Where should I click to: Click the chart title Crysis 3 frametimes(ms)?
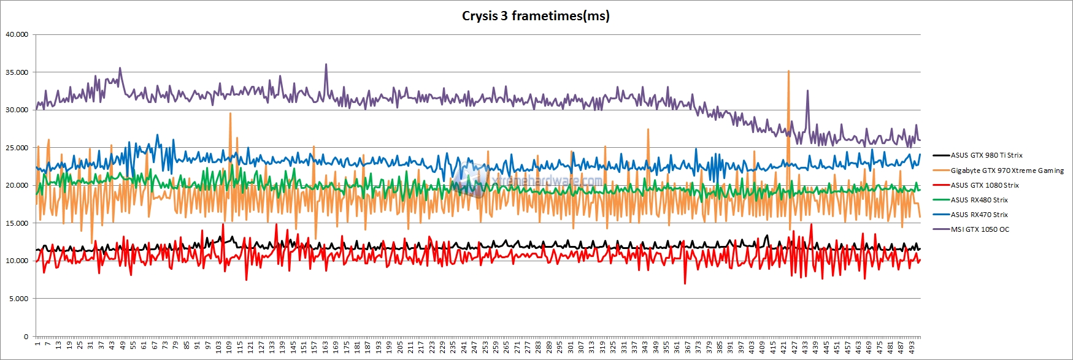pos(536,16)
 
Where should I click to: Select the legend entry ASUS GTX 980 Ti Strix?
pos(986,156)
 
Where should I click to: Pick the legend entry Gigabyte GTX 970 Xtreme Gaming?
pos(1007,170)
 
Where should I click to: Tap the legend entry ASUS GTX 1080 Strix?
pos(985,185)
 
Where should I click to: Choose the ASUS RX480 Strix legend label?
pos(979,200)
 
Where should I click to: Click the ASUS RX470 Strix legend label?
pos(979,215)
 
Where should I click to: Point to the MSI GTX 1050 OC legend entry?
pos(980,229)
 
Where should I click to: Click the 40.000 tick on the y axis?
pos(17,34)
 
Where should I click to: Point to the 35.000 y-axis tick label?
pos(17,72)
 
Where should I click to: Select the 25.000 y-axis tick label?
pos(17,148)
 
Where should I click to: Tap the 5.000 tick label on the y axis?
pos(18,299)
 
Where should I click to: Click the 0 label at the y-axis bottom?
pos(26,336)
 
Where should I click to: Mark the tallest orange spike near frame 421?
pos(788,71)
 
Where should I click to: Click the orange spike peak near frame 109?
pos(230,113)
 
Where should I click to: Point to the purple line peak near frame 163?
pos(326,64)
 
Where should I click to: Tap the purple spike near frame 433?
pos(807,91)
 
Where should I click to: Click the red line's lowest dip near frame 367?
pos(685,283)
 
